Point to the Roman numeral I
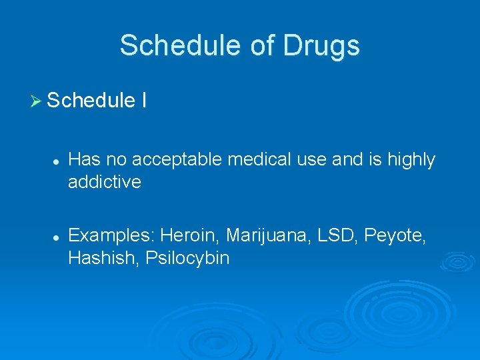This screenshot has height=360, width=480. click(x=145, y=101)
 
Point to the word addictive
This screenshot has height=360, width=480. click(x=105, y=182)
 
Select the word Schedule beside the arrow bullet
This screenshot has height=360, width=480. click(x=91, y=101)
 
